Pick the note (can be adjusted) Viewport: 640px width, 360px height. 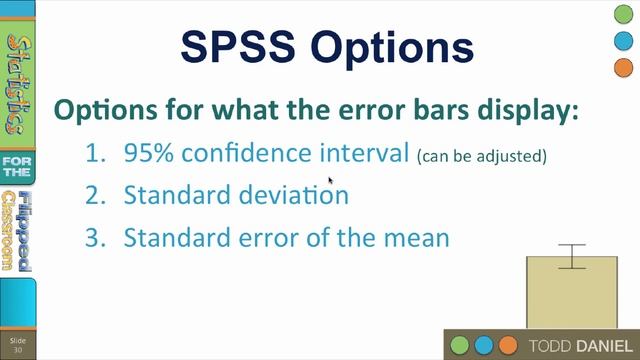[483, 157]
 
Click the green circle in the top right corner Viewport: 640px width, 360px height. [621, 15]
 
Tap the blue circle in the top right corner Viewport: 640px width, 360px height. [621, 41]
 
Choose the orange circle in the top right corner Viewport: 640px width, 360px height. [621, 68]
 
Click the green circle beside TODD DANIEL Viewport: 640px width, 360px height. [461, 345]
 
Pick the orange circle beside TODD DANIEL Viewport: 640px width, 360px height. [508, 345]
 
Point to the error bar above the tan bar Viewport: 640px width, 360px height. [572, 256]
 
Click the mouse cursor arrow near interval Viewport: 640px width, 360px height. [331, 181]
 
